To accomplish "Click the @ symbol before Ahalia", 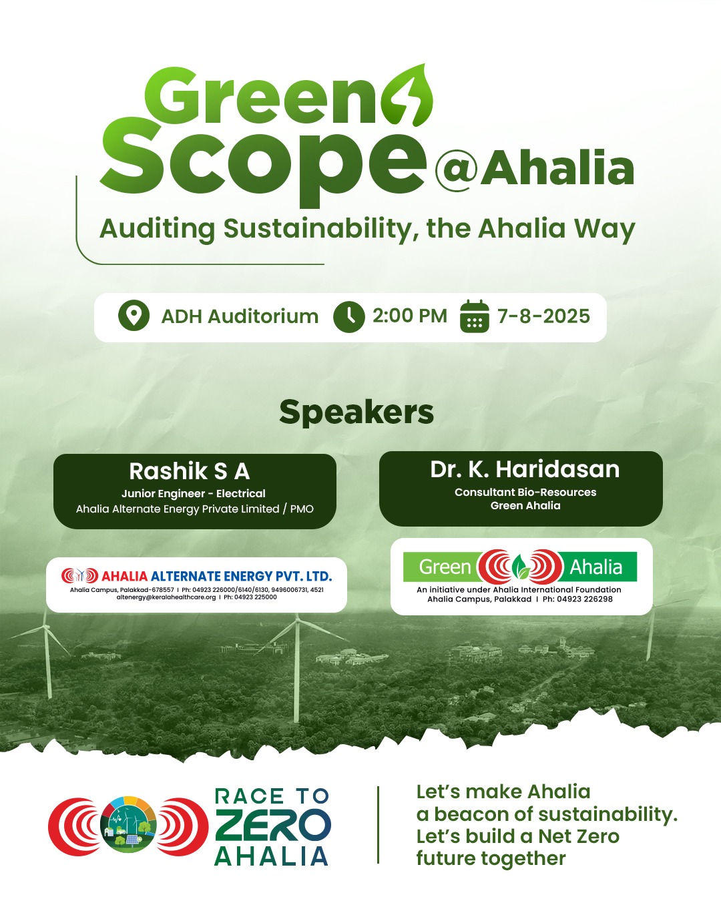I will (x=457, y=170).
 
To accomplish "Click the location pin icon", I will (x=134, y=316).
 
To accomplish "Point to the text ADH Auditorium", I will (x=240, y=316).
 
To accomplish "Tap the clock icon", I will (x=348, y=316).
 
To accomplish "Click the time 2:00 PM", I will (x=409, y=316).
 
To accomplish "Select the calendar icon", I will (x=475, y=316).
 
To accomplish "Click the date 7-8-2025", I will (x=543, y=316).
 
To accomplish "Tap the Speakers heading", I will (x=356, y=412).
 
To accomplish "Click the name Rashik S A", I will (x=190, y=471).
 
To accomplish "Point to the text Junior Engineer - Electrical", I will (x=194, y=494).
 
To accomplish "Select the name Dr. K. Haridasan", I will (x=525, y=469).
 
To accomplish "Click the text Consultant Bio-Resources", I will (x=525, y=493).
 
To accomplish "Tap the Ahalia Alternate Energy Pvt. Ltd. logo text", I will (x=216, y=576).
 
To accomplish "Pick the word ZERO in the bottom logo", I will (x=272, y=826).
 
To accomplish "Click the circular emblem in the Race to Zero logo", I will (x=128, y=826).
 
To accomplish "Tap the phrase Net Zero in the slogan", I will (x=579, y=836).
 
